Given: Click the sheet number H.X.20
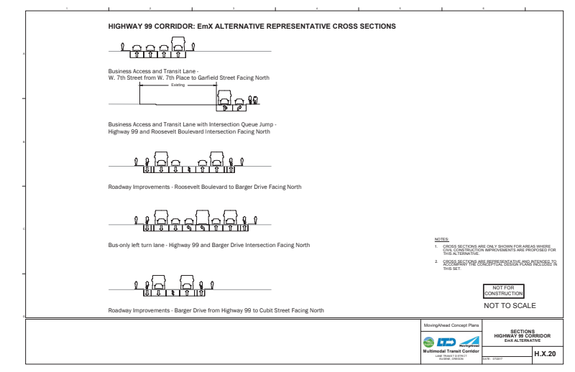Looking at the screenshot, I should (542, 353).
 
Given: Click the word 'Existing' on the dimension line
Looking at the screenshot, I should (178, 85).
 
